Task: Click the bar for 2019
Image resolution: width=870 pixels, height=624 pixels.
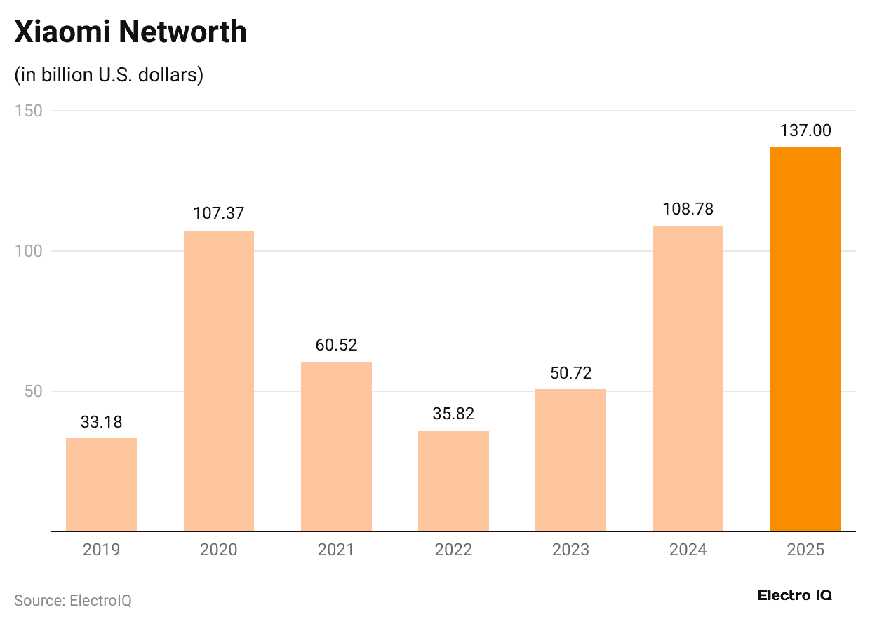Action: pos(101,484)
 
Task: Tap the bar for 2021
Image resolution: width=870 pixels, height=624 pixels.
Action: pos(336,447)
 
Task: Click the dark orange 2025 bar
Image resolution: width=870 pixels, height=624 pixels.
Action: pos(805,339)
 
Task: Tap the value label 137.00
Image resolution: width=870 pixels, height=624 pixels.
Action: pos(805,130)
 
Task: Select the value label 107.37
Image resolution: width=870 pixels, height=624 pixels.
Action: pos(219,213)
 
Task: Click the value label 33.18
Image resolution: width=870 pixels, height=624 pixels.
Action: pos(101,422)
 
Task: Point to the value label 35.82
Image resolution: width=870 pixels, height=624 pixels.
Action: pos(453,414)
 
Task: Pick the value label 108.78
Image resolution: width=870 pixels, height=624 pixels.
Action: pos(688,209)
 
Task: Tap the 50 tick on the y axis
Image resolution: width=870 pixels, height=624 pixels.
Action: pos(32,391)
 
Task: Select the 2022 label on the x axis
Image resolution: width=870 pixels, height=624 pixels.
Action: pos(453,550)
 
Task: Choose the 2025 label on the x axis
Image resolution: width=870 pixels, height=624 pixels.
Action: pos(805,550)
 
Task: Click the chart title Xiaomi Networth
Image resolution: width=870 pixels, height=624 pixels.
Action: pos(130,32)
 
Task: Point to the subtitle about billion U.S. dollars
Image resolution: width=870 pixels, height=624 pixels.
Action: pos(109,74)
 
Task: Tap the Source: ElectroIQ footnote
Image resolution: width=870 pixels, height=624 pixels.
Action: pos(73,601)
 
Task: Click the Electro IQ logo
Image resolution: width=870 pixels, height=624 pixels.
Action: pos(794,595)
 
